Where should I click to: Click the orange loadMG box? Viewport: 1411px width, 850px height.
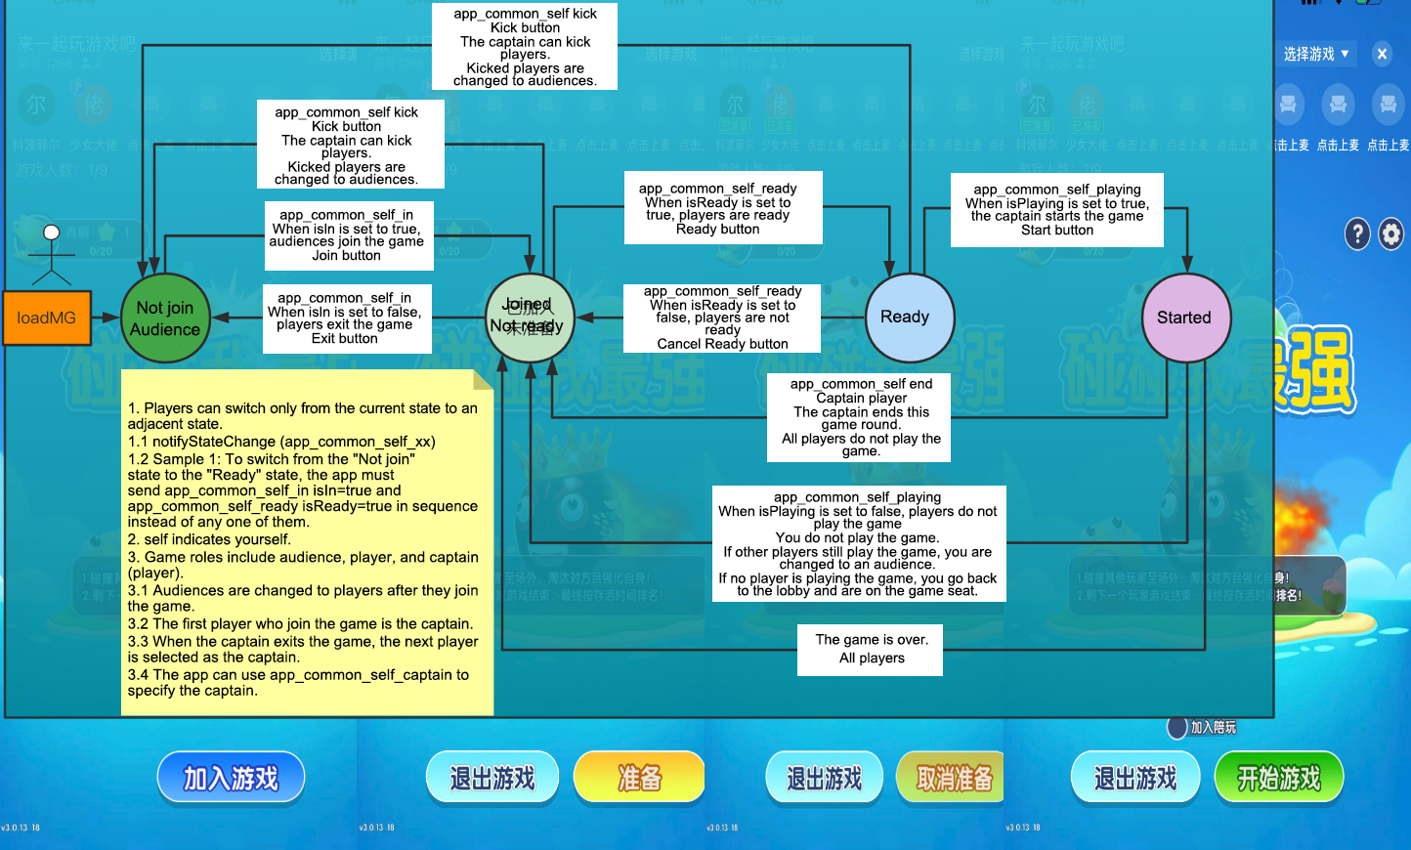pyautogui.click(x=46, y=318)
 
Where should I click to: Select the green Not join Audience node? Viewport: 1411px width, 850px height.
pyautogui.click(x=165, y=319)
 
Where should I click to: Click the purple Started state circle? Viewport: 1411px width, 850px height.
pyautogui.click(x=1185, y=318)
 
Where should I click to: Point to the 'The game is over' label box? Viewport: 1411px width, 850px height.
pyautogui.click(x=871, y=650)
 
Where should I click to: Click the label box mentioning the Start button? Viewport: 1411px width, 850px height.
pyautogui.click(x=1057, y=210)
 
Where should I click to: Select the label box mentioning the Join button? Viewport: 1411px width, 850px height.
pyautogui.click(x=347, y=235)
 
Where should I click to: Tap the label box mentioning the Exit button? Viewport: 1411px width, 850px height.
pyautogui.click(x=345, y=319)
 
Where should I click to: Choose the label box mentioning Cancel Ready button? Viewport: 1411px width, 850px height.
pyautogui.click(x=722, y=318)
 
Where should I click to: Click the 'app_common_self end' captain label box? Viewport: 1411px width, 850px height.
pyautogui.click(x=861, y=417)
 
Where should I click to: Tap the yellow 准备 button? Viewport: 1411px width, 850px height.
pyautogui.click(x=639, y=778)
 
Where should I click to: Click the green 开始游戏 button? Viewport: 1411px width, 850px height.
pyautogui.click(x=1278, y=778)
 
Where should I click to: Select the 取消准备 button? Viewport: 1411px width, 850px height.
pyautogui.click(x=952, y=778)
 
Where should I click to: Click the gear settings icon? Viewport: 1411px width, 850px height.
pyautogui.click(x=1390, y=234)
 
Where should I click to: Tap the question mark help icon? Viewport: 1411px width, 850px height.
pyautogui.click(x=1357, y=234)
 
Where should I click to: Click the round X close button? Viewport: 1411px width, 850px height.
pyautogui.click(x=1382, y=55)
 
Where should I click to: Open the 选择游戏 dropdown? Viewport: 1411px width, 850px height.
pyautogui.click(x=1316, y=55)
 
